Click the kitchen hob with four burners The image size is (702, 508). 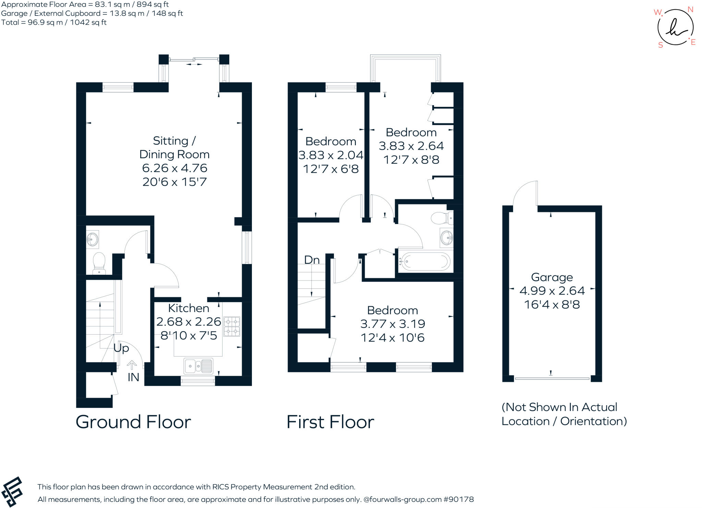click(232, 326)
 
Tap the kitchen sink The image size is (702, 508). click(198, 366)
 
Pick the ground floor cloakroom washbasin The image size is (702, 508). click(92, 239)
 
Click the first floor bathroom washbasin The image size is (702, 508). click(447, 237)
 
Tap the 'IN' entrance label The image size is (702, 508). click(133, 377)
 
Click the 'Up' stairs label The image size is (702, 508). click(121, 348)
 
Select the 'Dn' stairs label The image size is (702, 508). click(312, 260)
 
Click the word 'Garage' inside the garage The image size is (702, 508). click(552, 277)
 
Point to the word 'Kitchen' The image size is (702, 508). click(189, 308)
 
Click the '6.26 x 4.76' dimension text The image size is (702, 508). click(174, 168)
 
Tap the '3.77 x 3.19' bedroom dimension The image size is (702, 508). click(392, 324)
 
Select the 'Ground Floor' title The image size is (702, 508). click(133, 422)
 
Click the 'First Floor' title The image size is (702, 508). click(330, 422)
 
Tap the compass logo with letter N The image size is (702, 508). click(675, 27)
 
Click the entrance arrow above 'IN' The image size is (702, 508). click(132, 365)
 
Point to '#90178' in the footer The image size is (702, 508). click(459, 499)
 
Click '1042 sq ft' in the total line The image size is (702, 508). click(88, 23)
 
